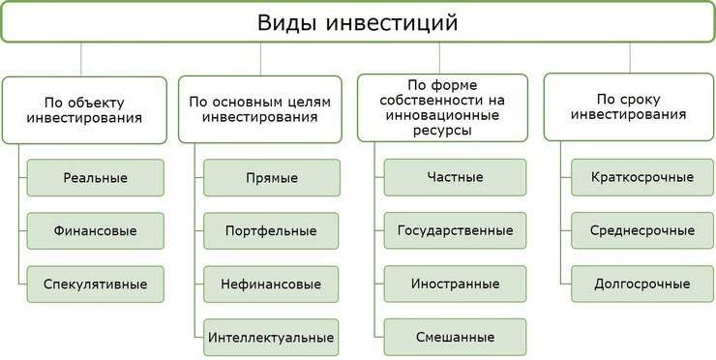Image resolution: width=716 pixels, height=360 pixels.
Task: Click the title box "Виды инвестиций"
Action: pos(357,21)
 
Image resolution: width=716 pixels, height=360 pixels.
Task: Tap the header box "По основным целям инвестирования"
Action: pos(259,108)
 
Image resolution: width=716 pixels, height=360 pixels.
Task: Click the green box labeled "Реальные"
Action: pos(96,178)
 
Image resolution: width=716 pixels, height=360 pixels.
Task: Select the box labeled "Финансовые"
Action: pos(96,231)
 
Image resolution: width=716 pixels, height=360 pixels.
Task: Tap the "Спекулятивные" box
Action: pos(96,285)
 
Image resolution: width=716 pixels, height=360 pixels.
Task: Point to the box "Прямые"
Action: pos(272,178)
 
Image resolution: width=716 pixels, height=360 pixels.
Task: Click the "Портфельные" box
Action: pos(272,231)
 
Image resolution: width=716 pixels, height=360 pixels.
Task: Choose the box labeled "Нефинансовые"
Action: pos(272,285)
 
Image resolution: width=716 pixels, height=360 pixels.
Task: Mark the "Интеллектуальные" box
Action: pos(272,338)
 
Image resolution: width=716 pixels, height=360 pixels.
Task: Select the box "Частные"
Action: pos(455,178)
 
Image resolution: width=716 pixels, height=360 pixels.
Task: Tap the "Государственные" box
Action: pos(455,231)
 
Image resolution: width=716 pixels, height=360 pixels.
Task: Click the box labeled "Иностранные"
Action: pos(455,285)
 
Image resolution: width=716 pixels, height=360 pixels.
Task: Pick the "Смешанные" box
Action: pos(455,338)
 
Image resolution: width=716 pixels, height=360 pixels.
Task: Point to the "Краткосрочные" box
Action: pos(642,178)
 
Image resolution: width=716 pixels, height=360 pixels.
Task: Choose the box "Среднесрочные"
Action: pos(642,231)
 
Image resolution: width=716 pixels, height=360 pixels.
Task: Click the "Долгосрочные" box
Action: pos(642,285)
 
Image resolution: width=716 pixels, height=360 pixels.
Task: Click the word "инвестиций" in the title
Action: pos(399,21)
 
